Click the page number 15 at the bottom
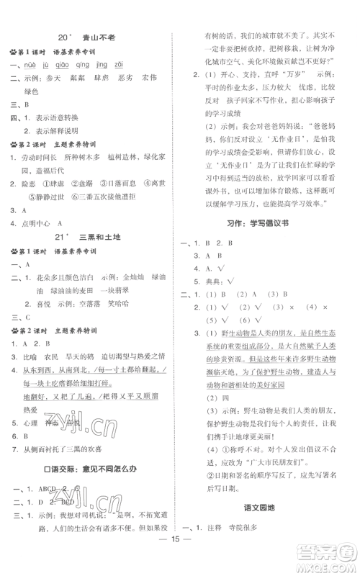point(180,559)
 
